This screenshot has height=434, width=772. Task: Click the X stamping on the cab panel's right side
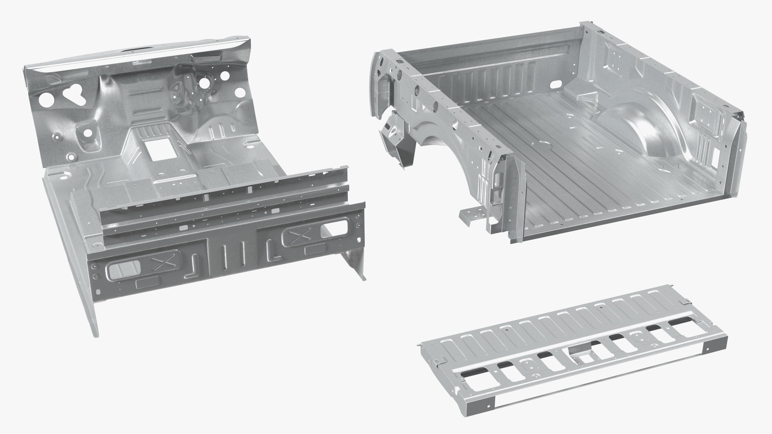tap(296, 237)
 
